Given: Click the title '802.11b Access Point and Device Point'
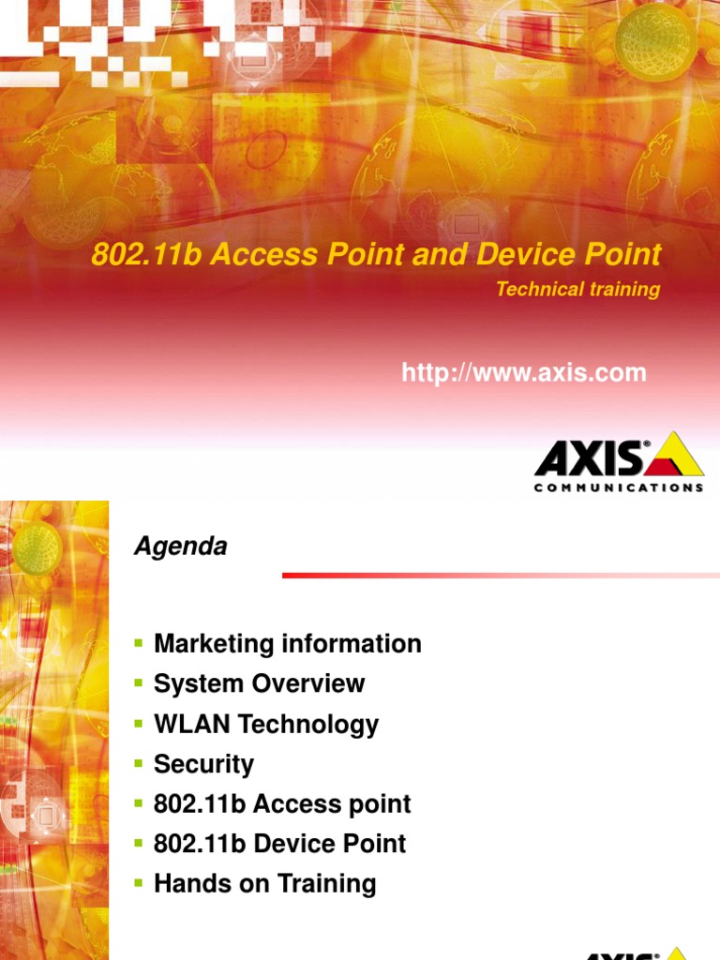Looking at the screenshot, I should [x=376, y=254].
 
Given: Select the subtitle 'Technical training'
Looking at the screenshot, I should [x=577, y=290].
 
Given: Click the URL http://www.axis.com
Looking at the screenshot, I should [x=523, y=373].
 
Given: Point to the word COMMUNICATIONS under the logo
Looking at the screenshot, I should [x=619, y=487].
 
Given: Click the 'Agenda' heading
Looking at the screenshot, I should [x=180, y=547].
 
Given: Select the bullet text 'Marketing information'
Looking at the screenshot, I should [x=287, y=644].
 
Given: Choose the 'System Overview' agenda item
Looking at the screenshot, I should [x=259, y=683].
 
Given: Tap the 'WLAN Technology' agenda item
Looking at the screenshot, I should [x=266, y=724].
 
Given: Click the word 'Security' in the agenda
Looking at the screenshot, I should [x=203, y=764].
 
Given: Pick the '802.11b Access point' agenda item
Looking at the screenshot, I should [x=282, y=804].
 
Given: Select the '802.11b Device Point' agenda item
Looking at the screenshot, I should [x=279, y=844].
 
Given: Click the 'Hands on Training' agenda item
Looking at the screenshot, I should [x=264, y=884].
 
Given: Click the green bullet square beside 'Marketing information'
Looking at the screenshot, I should [x=138, y=642].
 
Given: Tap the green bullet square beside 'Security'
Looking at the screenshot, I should [x=138, y=762].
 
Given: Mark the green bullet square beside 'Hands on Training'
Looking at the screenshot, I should [x=138, y=882].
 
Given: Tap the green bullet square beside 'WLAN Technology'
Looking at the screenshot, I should [x=138, y=722].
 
